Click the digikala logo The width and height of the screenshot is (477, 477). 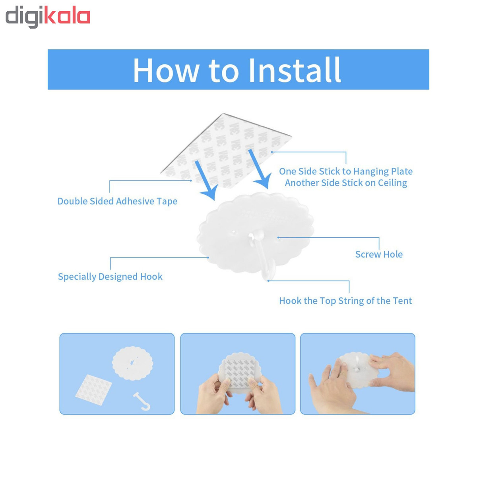(x=48, y=17)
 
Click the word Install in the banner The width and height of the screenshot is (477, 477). (x=295, y=70)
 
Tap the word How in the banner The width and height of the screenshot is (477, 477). (x=166, y=70)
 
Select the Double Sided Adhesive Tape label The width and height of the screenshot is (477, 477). (x=117, y=201)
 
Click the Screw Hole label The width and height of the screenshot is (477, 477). (x=379, y=254)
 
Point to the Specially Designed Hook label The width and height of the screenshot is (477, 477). (x=110, y=277)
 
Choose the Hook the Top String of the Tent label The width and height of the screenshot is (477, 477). (x=345, y=301)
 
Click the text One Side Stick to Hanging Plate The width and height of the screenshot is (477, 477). (x=345, y=171)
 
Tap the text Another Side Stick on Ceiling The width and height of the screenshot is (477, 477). (x=346, y=183)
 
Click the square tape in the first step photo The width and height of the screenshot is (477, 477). (x=93, y=390)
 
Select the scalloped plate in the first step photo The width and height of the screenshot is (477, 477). (x=132, y=363)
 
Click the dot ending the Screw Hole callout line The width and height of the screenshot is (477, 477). (x=278, y=238)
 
